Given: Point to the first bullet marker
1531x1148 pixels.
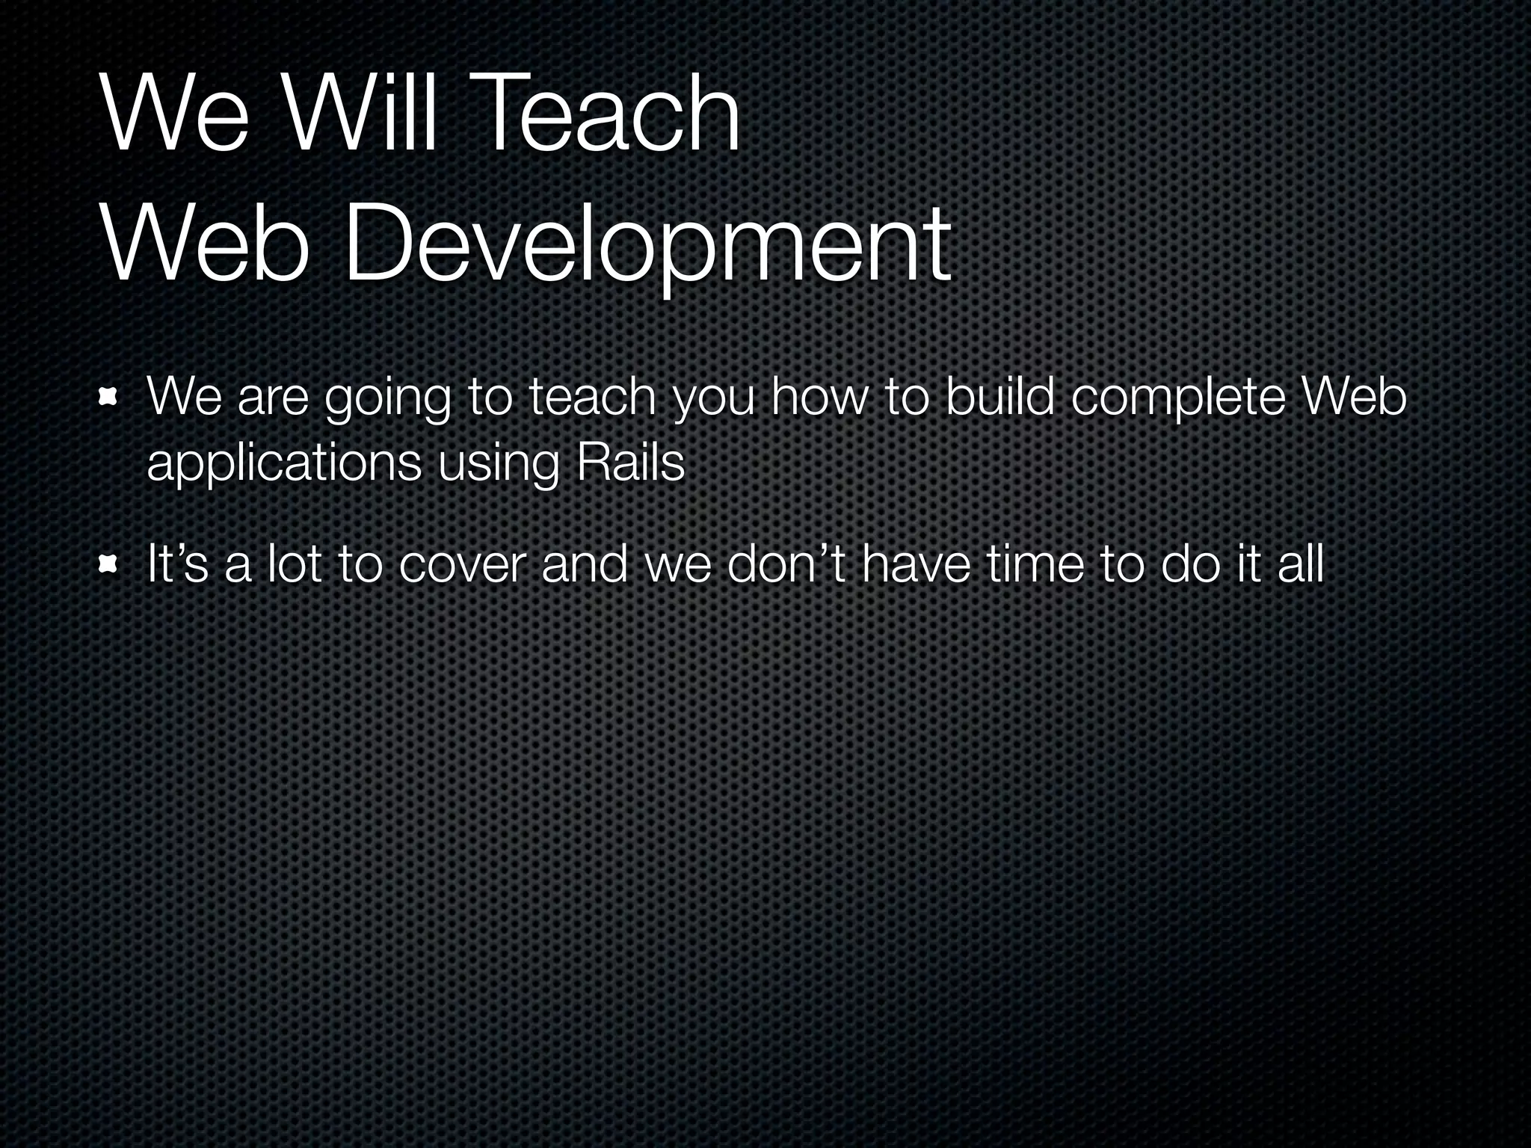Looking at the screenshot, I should (110, 397).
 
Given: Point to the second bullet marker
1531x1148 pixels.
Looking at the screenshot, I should (110, 564).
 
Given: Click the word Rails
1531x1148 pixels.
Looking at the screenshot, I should (630, 463).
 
